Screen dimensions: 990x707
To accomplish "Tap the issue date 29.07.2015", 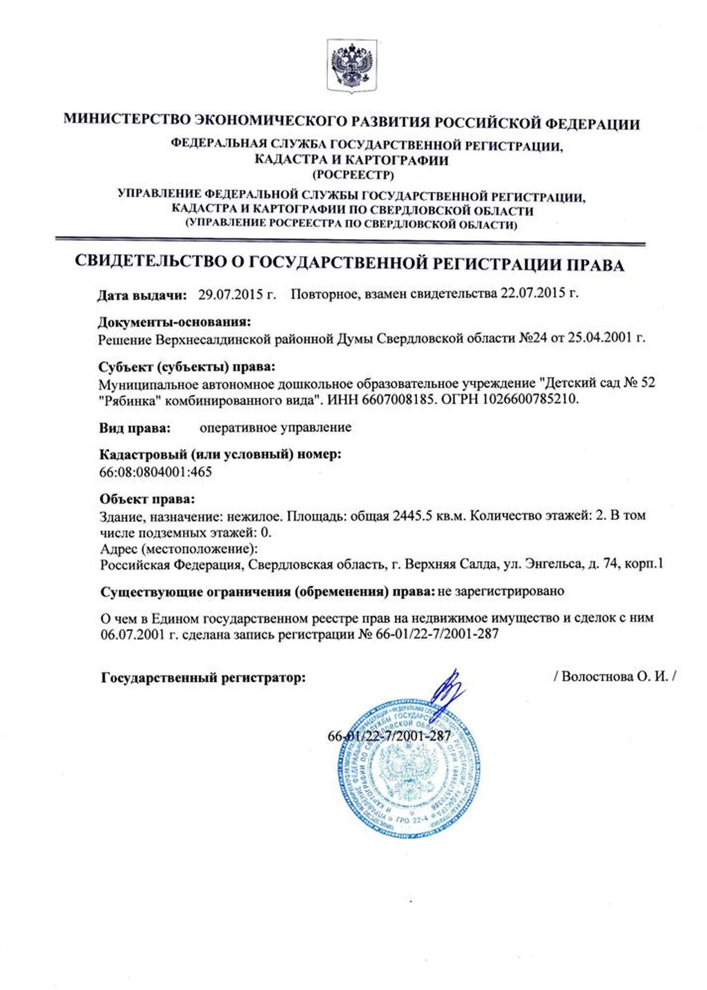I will (x=227, y=294).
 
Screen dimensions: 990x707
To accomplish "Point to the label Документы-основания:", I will (x=174, y=322).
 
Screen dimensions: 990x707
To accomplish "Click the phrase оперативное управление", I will (x=275, y=427).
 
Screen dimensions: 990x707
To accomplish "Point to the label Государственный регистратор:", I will (x=203, y=678).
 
